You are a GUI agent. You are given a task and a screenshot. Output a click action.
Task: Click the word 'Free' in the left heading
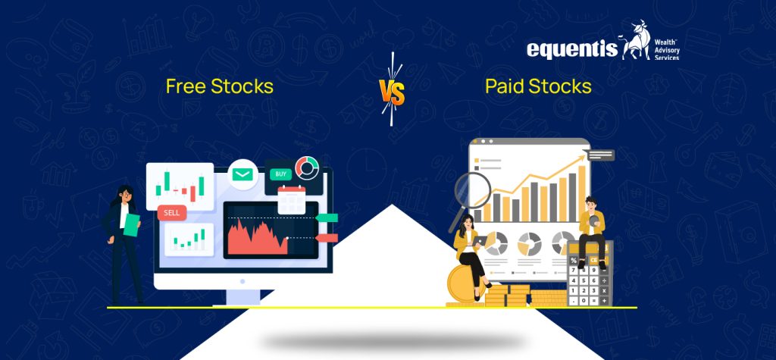click(x=185, y=86)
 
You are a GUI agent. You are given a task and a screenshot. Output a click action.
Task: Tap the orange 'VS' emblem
click(x=392, y=93)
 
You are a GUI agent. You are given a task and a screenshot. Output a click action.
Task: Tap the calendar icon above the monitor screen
click(x=290, y=199)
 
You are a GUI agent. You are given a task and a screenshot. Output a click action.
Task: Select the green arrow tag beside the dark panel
click(x=326, y=218)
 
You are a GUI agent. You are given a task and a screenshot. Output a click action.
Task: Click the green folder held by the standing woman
click(x=132, y=225)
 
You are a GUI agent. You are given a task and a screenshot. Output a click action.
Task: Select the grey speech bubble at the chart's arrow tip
click(x=600, y=155)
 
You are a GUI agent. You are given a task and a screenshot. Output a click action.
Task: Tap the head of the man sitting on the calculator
click(x=591, y=204)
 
